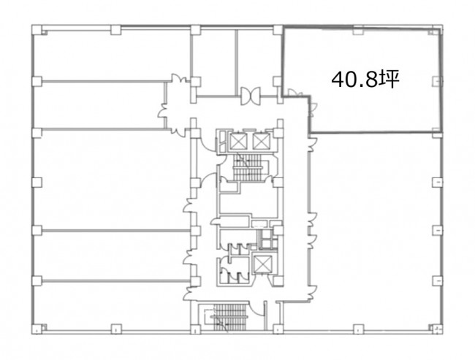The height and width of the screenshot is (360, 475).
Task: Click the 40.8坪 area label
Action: click(365, 80)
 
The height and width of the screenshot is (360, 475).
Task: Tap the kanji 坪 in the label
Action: click(389, 80)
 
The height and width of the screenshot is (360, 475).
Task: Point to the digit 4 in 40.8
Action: click(338, 80)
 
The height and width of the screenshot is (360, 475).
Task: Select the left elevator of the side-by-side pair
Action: click(239, 141)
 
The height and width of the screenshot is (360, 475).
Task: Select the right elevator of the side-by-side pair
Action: click(261, 141)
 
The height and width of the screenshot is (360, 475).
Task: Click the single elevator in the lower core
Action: click(262, 264)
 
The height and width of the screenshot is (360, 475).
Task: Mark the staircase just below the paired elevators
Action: click(248, 167)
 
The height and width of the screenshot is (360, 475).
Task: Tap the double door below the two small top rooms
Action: click(251, 96)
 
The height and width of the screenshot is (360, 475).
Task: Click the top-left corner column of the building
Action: click(37, 30)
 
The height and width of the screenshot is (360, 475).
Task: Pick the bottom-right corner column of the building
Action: click(437, 329)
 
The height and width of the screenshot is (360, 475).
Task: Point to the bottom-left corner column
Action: click(37, 329)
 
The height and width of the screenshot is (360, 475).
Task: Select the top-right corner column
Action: click(437, 31)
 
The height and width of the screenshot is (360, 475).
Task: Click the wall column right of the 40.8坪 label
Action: click(437, 81)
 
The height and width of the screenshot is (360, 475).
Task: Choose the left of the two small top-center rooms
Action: click(214, 62)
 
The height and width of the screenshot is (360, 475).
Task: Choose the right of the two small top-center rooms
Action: click(257, 62)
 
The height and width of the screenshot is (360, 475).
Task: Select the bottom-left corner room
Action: click(110, 305)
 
